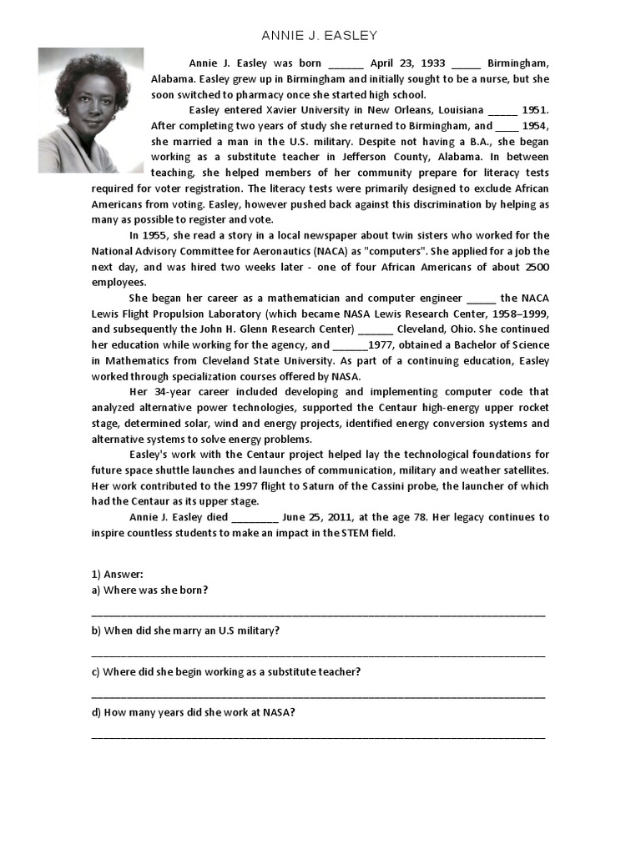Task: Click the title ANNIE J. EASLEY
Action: tap(320, 35)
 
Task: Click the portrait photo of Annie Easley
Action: tap(90, 109)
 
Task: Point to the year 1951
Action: tap(535, 110)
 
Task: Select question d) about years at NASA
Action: tap(194, 712)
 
